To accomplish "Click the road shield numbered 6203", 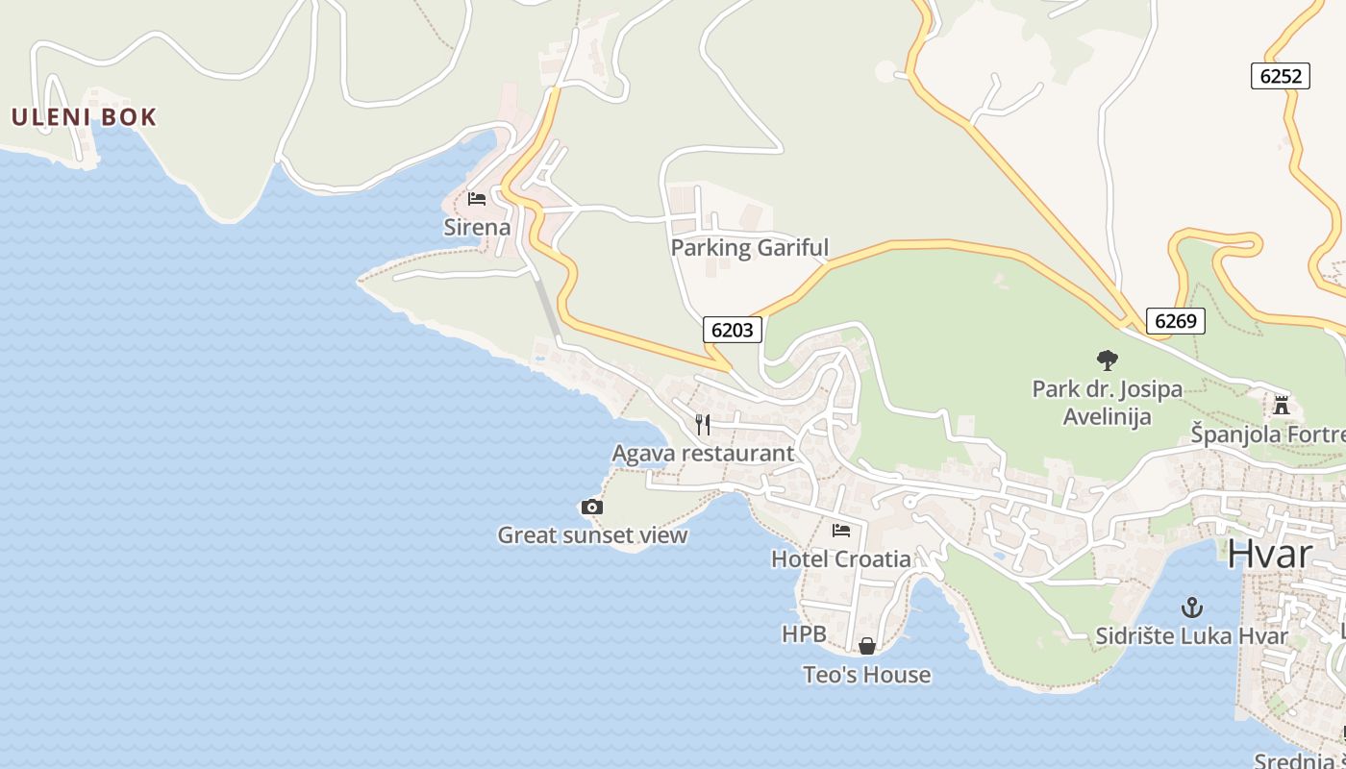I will coord(733,330).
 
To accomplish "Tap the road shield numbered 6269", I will coord(1175,321).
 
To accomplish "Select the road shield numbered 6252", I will coord(1281,76).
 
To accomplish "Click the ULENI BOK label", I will coord(83,117).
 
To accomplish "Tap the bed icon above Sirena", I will coord(477,199).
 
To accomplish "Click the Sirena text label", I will coord(477,228).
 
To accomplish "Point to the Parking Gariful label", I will coord(749,248).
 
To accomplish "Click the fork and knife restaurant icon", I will coord(704,424).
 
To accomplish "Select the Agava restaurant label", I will coord(703,453).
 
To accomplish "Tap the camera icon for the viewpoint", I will coord(592,507).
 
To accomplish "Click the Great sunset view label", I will coord(592,535).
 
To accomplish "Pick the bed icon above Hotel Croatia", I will coord(841,530).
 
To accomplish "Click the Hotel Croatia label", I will coord(841,558).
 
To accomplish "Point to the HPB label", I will coord(804,634).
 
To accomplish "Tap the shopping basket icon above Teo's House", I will coord(867,646).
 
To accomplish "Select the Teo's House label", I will coord(867,675).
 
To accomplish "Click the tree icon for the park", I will coord(1108,360).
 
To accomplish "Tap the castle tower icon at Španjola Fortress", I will coord(1281,405).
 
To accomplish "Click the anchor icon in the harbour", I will coord(1192,608).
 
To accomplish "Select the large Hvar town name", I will coord(1269,555).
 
